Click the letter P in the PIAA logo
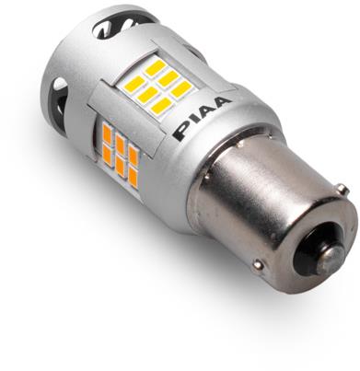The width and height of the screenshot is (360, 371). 182,133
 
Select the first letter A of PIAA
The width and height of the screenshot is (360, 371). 209,111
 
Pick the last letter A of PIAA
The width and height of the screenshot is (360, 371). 223,103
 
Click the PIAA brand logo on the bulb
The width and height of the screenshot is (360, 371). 202,119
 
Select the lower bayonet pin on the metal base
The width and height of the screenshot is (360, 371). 257,263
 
